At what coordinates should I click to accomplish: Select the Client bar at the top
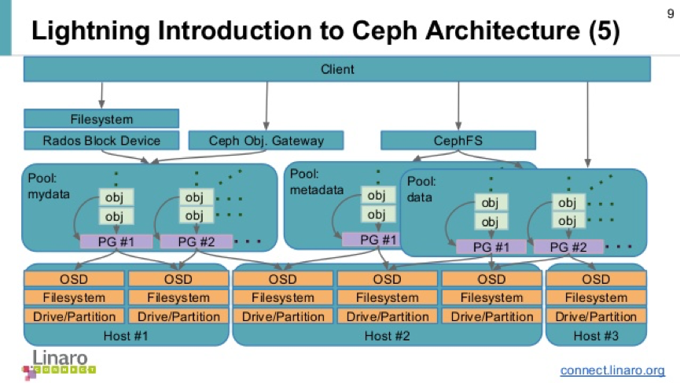(337, 69)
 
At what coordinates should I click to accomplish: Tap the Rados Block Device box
(102, 141)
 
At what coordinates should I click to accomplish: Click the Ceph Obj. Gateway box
(266, 141)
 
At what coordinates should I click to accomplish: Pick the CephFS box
(458, 141)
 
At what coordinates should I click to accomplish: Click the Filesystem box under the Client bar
(102, 120)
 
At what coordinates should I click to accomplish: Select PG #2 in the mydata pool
(197, 241)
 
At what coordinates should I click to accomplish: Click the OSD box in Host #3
(596, 279)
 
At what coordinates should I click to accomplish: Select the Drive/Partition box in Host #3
(596, 316)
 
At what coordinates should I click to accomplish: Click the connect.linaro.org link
(612, 370)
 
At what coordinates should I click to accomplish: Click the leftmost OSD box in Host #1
(75, 279)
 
